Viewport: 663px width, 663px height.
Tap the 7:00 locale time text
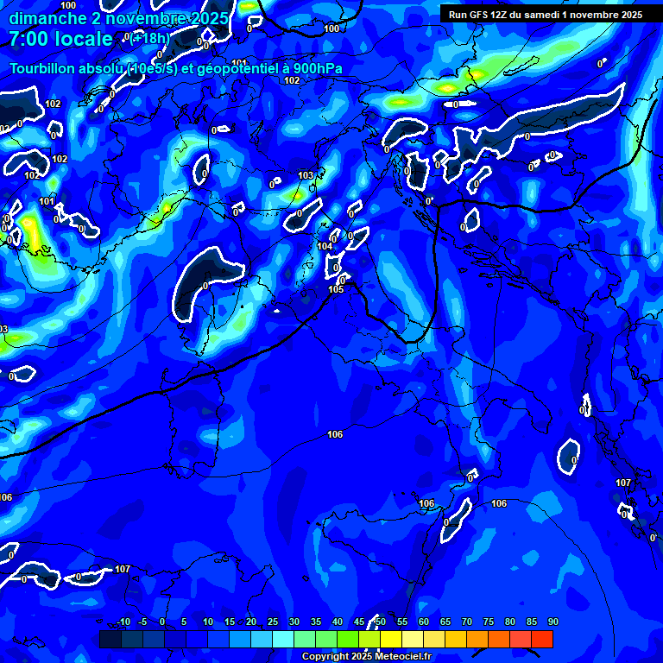click(60, 39)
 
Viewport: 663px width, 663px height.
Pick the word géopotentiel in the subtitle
click(232, 68)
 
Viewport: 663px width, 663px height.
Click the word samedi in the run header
click(545, 15)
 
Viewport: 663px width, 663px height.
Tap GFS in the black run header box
click(477, 15)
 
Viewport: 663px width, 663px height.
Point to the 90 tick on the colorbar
click(552, 622)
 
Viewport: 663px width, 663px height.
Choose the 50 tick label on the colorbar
click(380, 622)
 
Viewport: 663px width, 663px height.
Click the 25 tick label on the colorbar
click(272, 622)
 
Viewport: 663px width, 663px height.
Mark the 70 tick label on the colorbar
click(466, 622)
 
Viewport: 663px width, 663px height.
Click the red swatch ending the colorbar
click(541, 639)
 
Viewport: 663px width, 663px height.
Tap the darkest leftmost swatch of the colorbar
click(110, 639)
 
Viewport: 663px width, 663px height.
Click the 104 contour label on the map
click(325, 247)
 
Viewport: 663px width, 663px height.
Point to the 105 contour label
click(336, 289)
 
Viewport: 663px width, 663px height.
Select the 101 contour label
click(47, 202)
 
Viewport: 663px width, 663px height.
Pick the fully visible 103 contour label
click(306, 175)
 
